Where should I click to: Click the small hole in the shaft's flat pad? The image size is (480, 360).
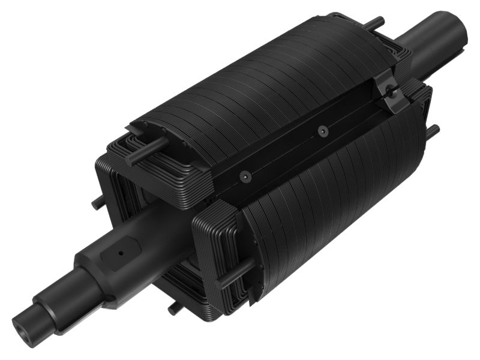tap(121, 253)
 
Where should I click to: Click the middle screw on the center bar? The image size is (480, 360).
tap(323, 131)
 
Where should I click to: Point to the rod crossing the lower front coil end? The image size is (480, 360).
tap(237, 273)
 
